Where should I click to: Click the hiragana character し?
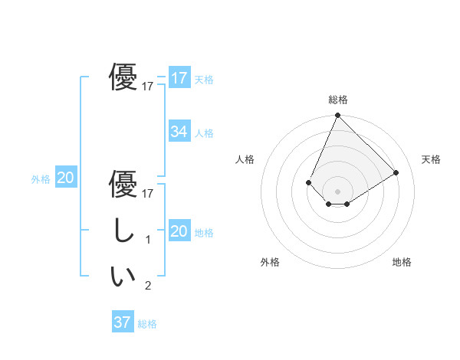tap(123, 231)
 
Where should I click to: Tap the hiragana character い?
tap(123, 277)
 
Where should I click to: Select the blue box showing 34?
tap(179, 132)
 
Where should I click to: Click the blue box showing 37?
tap(122, 322)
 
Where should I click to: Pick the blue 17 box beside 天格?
tap(179, 78)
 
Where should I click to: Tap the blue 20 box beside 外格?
tap(66, 178)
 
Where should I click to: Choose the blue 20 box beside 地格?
tap(179, 231)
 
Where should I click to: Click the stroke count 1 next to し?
tap(148, 240)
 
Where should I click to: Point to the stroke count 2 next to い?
tap(148, 286)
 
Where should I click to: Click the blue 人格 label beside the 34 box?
tap(204, 133)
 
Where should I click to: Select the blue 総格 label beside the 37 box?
tap(147, 324)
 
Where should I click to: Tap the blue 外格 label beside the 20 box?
tap(41, 179)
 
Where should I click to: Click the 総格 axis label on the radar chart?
tap(337, 100)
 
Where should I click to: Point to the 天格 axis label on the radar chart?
tap(431, 159)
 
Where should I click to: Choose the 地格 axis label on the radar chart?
tap(402, 263)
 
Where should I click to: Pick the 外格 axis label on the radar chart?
tap(270, 263)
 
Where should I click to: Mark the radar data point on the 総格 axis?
tap(337, 116)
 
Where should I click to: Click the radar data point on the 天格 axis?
tap(396, 172)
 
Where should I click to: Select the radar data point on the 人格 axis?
tap(308, 182)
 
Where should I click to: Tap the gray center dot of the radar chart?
tap(337, 191)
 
